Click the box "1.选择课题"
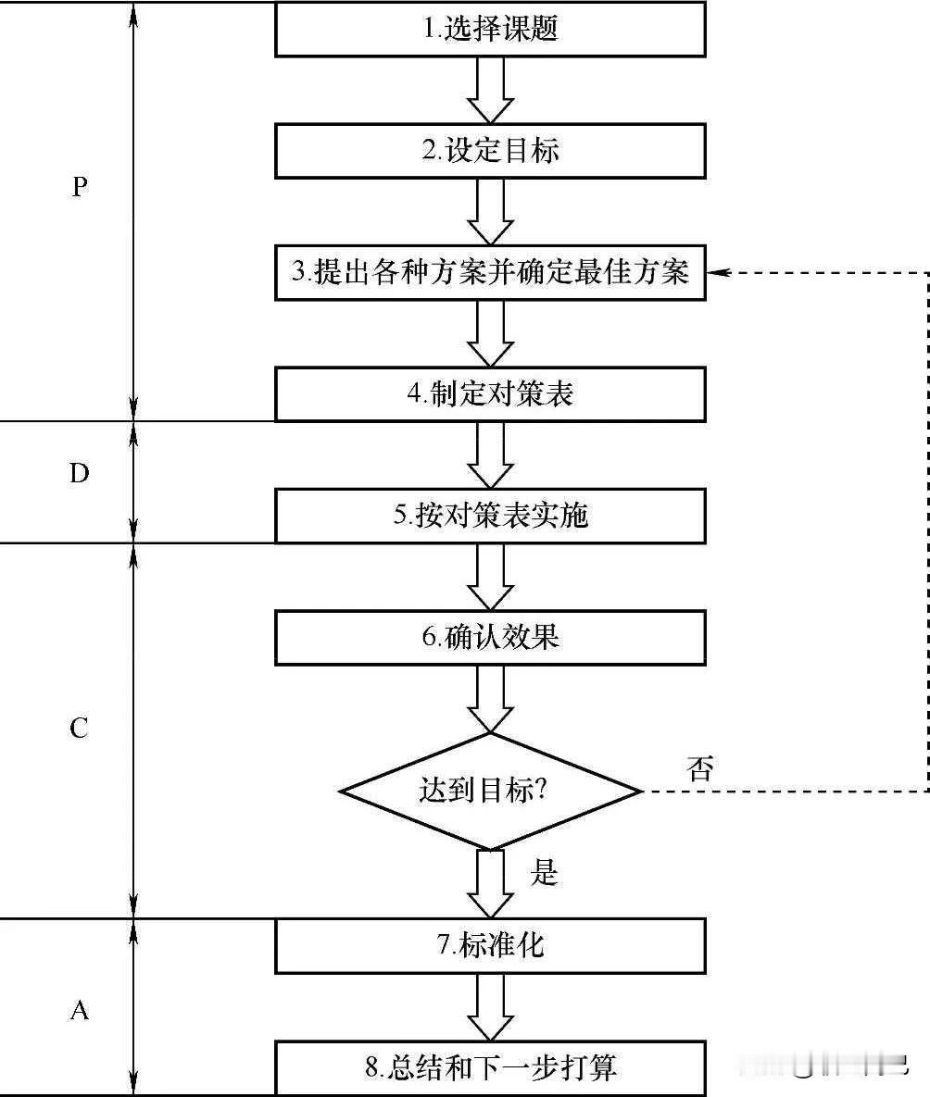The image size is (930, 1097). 491,30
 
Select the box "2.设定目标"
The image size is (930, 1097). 491,151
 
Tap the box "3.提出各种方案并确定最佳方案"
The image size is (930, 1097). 491,272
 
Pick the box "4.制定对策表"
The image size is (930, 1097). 491,393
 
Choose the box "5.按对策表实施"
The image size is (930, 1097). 491,515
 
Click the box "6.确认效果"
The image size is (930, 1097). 491,637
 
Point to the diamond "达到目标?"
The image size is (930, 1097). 491,792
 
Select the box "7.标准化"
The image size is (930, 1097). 491,945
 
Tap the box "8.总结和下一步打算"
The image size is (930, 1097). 491,1067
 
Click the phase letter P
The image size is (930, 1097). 80,188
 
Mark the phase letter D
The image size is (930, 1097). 80,474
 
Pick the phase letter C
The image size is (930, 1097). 80,729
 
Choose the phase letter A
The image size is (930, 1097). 80,1011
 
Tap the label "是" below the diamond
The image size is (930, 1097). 545,871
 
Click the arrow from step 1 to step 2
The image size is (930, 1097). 491,90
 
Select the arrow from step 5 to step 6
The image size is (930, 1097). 491,576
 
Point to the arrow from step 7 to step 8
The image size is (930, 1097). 491,1006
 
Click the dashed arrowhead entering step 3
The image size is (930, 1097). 719,272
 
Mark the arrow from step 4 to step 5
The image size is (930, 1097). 491,454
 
